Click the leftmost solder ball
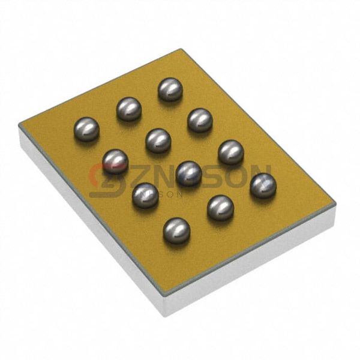coord(86,129)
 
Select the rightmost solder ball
coord(263,185)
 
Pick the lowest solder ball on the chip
coord(176,230)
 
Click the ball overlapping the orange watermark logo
coord(115,161)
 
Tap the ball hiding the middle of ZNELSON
coord(188,173)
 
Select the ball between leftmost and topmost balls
coord(129,109)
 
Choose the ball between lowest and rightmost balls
coord(220,208)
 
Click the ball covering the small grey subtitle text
coord(145,195)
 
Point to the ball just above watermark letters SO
coord(230,152)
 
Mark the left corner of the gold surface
coord(19,125)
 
